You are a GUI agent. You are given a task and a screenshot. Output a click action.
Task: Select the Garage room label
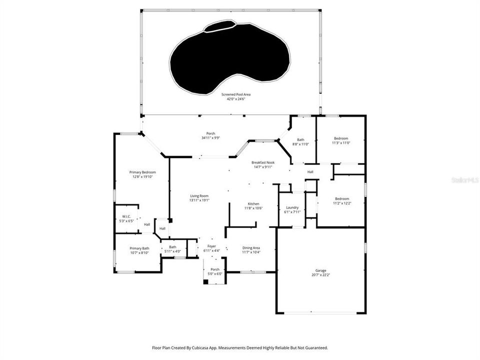coord(320,272)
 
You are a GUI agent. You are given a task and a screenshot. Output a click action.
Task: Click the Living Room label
coord(199,198)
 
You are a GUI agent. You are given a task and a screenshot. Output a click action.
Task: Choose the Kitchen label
coord(253,206)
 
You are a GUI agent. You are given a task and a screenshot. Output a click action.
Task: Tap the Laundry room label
coord(292,209)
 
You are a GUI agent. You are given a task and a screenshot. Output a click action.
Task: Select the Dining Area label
coord(251,250)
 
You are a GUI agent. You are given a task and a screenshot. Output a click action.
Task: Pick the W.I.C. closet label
coord(126,218)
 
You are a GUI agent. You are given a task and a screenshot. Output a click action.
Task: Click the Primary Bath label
coord(139,250)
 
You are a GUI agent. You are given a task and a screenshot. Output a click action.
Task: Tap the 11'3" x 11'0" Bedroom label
coord(341,140)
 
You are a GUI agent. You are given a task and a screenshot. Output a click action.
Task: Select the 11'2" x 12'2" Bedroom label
coord(342,200)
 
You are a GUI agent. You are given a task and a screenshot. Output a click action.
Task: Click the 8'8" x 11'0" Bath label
coord(300,142)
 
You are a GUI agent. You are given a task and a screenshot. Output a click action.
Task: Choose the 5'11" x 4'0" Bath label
coord(172,249)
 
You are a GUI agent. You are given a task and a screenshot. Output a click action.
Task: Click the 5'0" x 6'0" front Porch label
coord(215,271)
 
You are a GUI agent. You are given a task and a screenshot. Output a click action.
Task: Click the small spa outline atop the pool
coord(218,25)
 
